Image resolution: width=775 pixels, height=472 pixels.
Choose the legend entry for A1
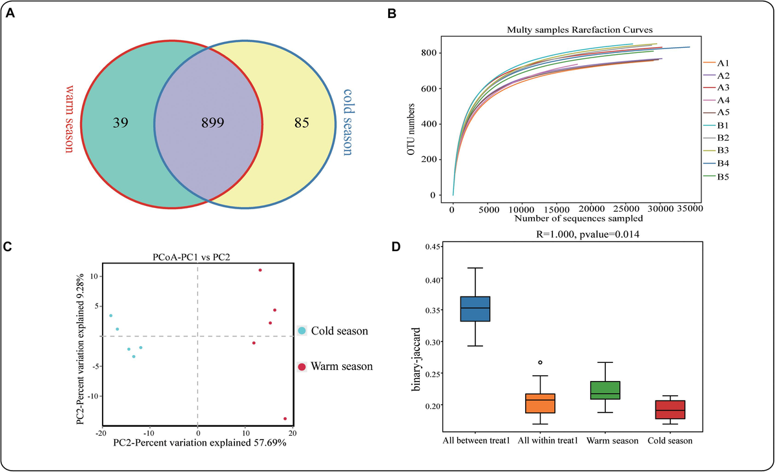point(716,63)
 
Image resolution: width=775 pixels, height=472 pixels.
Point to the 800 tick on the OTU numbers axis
point(439,53)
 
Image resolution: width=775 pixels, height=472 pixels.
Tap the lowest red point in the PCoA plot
point(285,418)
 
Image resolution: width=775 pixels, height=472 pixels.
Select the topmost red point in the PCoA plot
point(260,271)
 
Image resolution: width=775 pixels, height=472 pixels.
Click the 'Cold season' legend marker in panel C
point(302,331)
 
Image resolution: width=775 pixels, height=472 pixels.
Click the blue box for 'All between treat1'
point(475,309)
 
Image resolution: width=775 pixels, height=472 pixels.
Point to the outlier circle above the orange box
point(540,362)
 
